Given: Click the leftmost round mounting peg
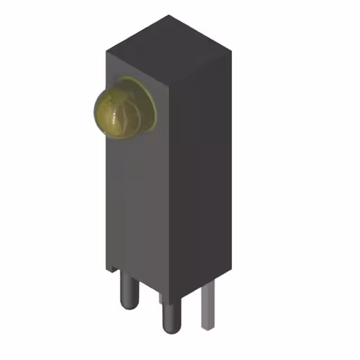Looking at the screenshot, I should click(129, 290).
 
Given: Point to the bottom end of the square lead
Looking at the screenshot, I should click(207, 327).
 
